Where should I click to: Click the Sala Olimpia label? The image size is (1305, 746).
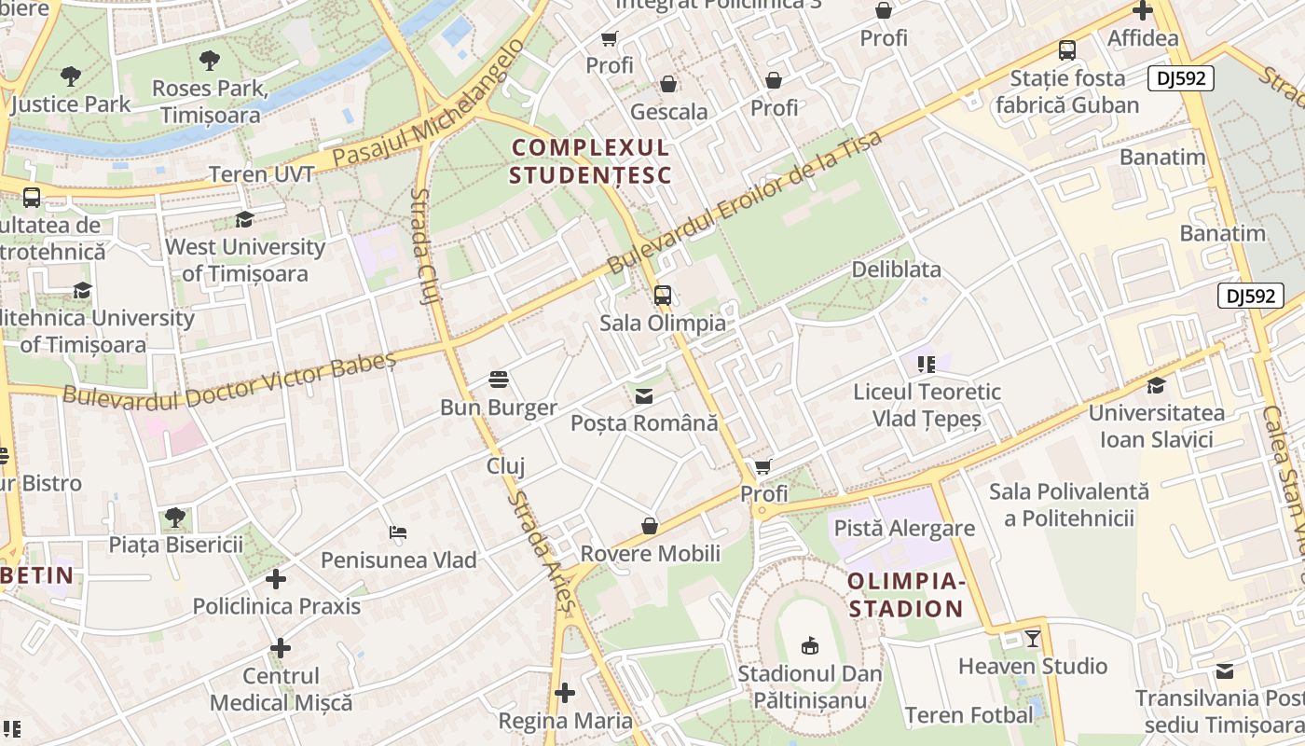click(x=662, y=324)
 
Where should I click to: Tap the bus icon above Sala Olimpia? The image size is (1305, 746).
click(x=662, y=296)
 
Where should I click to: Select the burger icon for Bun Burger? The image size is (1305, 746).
click(x=499, y=380)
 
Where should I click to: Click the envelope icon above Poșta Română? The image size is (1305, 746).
click(x=644, y=396)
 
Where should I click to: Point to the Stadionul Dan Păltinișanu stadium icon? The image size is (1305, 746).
click(x=810, y=644)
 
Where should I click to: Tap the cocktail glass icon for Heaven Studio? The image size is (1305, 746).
click(x=1033, y=639)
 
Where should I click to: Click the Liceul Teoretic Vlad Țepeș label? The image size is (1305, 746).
click(x=927, y=405)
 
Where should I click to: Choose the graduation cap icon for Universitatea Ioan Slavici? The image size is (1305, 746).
click(x=1156, y=385)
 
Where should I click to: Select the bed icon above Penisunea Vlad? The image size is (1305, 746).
click(x=398, y=532)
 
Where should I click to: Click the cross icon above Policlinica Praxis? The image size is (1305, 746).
click(x=276, y=579)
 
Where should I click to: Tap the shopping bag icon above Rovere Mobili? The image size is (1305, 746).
click(x=650, y=526)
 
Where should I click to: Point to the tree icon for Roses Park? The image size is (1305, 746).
click(x=210, y=61)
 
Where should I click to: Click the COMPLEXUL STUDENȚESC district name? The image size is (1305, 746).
click(x=590, y=161)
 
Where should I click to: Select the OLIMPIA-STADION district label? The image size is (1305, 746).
click(x=905, y=595)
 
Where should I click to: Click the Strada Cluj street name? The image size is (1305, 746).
click(x=425, y=246)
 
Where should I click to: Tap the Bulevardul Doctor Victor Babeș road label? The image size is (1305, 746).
click(x=229, y=380)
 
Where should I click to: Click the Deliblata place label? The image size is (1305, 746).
click(x=896, y=269)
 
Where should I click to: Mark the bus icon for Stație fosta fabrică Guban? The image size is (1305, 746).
click(x=1067, y=50)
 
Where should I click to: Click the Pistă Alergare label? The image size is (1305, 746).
click(x=903, y=528)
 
